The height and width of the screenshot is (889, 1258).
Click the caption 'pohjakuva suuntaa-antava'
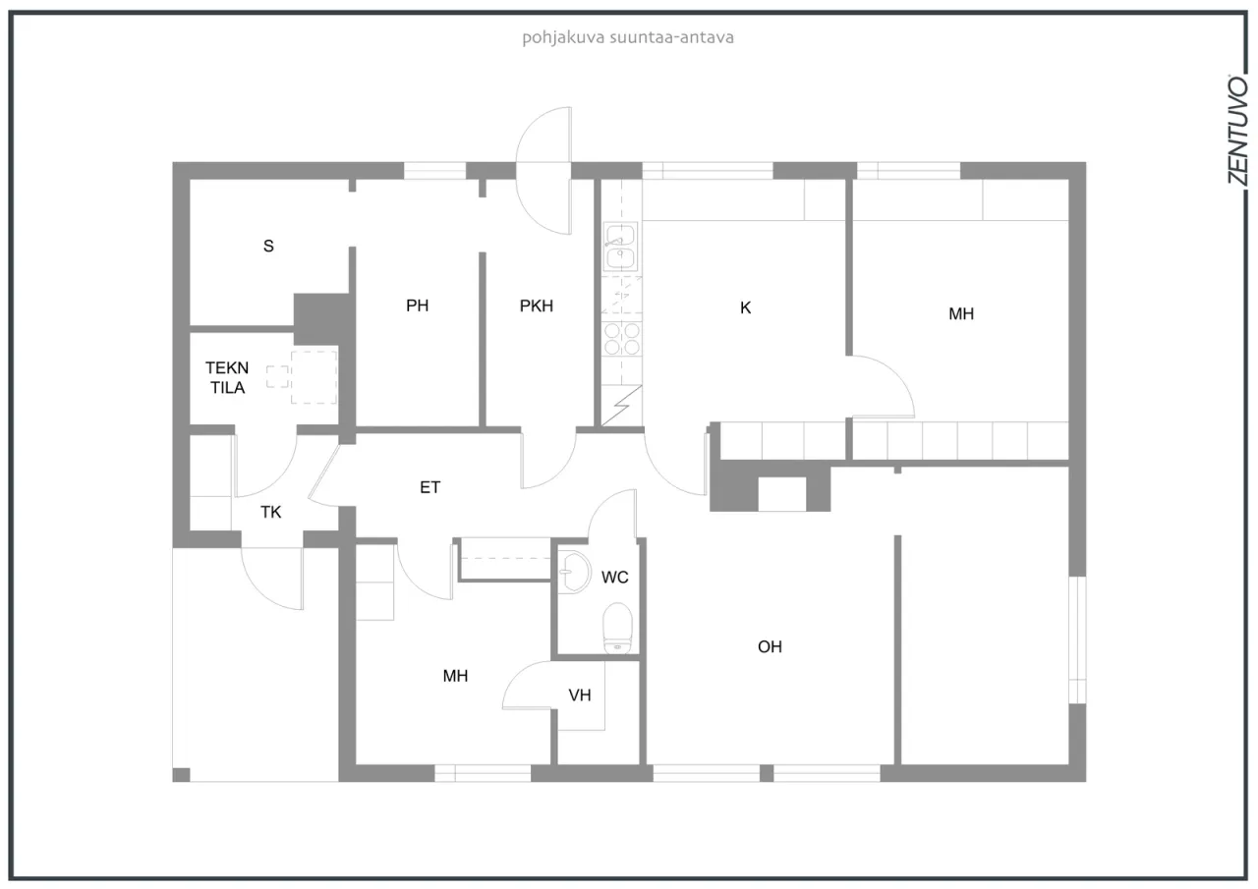629,38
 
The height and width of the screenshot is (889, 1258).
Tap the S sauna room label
268,247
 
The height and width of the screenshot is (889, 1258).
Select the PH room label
418,306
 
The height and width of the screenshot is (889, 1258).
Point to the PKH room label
537,306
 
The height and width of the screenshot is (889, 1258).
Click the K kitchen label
745,307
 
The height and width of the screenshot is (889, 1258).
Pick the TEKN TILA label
227,377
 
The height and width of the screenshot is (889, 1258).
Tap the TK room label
271,511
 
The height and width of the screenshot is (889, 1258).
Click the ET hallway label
430,486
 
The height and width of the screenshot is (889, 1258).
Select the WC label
615,578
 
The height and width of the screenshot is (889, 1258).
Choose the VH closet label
580,695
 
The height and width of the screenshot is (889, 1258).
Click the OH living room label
771,646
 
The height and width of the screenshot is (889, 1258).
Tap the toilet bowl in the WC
616,626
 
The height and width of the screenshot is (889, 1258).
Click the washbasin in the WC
573,571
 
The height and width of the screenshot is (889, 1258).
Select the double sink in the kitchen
620,247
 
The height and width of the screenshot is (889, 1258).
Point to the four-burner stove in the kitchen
621,339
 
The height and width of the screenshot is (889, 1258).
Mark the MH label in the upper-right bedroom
961,314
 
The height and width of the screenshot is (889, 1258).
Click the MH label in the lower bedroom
455,676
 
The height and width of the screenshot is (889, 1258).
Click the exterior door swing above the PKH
544,170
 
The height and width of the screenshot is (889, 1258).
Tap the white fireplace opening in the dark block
782,493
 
